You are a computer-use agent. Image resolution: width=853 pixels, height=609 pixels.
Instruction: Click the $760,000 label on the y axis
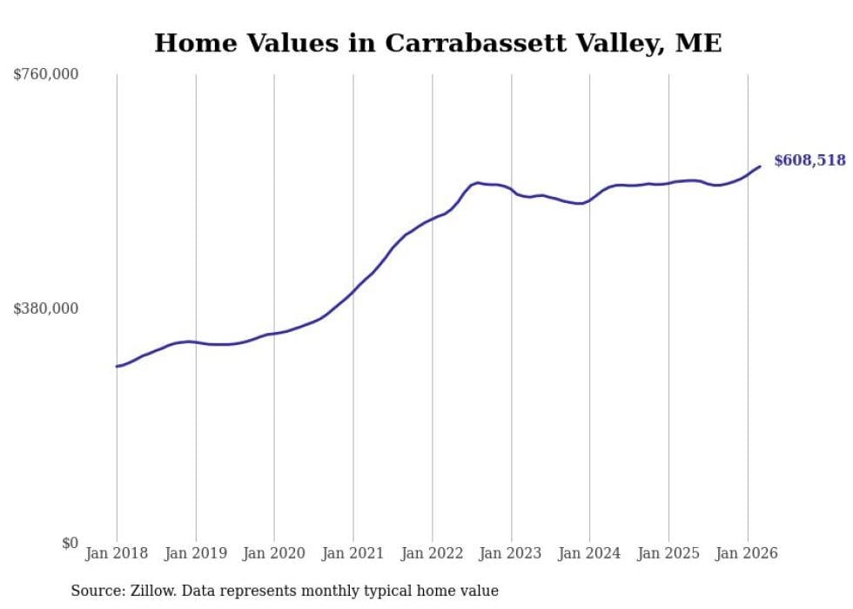[x=46, y=75]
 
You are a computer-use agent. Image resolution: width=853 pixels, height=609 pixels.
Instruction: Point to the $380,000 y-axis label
[x=46, y=308]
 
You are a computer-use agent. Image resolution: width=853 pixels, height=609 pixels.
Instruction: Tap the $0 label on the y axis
[x=70, y=543]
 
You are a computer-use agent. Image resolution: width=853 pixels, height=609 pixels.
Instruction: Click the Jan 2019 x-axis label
[x=195, y=553]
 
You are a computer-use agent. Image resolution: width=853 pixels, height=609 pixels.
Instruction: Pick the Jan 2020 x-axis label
[x=274, y=553]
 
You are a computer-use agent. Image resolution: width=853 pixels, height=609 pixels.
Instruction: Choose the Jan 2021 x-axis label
[x=353, y=553]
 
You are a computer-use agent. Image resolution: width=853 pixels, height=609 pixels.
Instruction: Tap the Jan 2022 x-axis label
[x=432, y=553]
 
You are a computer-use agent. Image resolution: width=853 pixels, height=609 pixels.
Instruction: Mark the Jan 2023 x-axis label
[x=511, y=553]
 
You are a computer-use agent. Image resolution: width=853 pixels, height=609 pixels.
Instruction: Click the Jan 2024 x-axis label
[x=589, y=553]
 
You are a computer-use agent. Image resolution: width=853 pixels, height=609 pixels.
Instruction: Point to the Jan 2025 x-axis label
[x=668, y=553]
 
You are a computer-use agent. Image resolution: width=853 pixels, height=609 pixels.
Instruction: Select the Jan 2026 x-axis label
[x=747, y=553]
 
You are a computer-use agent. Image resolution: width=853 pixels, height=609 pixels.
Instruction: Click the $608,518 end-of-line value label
[x=809, y=160]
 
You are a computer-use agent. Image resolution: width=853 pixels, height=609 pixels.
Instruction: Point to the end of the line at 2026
[x=760, y=166]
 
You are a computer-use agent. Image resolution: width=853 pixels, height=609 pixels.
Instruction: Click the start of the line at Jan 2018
[x=117, y=366]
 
